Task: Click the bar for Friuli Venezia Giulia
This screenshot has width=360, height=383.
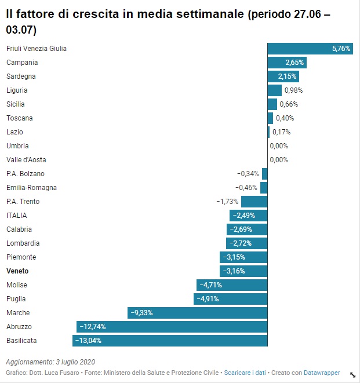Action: coord(310,49)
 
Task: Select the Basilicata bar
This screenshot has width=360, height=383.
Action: coord(170,341)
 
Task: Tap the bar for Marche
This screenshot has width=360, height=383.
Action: coord(197,313)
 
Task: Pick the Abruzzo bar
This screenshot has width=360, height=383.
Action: coord(172,327)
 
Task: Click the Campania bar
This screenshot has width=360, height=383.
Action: coord(286,63)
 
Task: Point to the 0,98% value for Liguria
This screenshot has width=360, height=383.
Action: coord(293,90)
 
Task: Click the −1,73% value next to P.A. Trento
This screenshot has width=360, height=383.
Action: coord(227,202)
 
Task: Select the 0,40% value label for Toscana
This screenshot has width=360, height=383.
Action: coord(285,118)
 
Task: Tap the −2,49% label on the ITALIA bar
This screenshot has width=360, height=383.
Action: coord(243,216)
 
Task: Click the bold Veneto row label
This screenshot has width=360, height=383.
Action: coord(17,271)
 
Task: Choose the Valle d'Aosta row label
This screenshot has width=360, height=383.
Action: coord(26,160)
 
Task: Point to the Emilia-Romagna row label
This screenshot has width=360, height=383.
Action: coord(31,188)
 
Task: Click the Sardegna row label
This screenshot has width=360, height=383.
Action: coord(21,76)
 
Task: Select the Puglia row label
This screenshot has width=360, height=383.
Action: coord(16,299)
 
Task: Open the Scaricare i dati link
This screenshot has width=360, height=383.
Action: coord(245,373)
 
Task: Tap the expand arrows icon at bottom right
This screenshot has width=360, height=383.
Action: coord(352,374)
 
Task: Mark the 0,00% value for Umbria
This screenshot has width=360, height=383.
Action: coord(279,146)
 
